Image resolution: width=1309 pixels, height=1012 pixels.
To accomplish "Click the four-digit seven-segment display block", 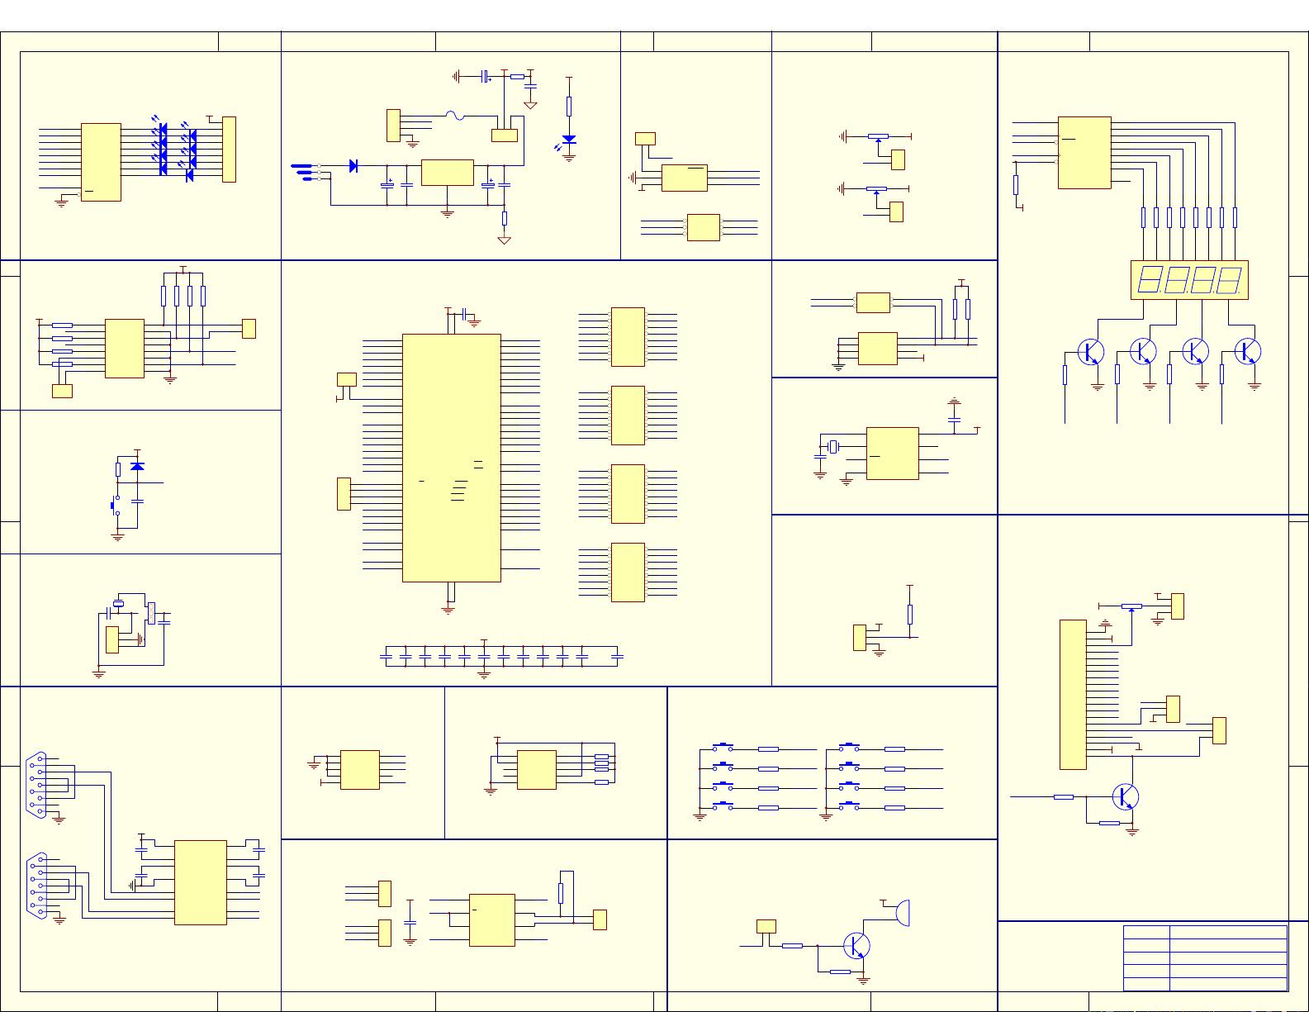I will coord(1188,279).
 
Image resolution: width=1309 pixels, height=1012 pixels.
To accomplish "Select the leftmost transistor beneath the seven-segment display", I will coord(1090,351).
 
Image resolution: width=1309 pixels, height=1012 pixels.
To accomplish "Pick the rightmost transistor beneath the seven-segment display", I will coord(1247,351).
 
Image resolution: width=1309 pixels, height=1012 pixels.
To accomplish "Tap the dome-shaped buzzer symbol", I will coord(903,913).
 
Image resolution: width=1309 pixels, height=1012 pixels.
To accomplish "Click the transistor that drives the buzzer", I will coord(857,946).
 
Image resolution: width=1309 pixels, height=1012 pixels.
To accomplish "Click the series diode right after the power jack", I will coord(353,166).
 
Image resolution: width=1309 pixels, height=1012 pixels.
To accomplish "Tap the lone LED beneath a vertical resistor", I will coord(569,140).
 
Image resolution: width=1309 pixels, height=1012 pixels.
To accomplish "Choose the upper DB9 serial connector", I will coord(38,785).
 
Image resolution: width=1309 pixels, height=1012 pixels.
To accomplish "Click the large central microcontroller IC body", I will coord(451,458).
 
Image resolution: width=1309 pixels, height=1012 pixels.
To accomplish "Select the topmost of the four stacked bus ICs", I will coord(628,337).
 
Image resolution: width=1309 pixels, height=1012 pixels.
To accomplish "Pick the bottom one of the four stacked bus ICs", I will coord(628,572).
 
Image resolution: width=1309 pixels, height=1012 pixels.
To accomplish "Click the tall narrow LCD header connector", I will coord(1073,694).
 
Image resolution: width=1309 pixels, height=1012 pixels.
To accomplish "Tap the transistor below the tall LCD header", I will coord(1124,797).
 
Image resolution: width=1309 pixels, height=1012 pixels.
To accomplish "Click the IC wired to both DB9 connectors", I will coord(200,882).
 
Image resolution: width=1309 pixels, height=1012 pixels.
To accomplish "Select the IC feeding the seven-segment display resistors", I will coord(1084,153).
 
